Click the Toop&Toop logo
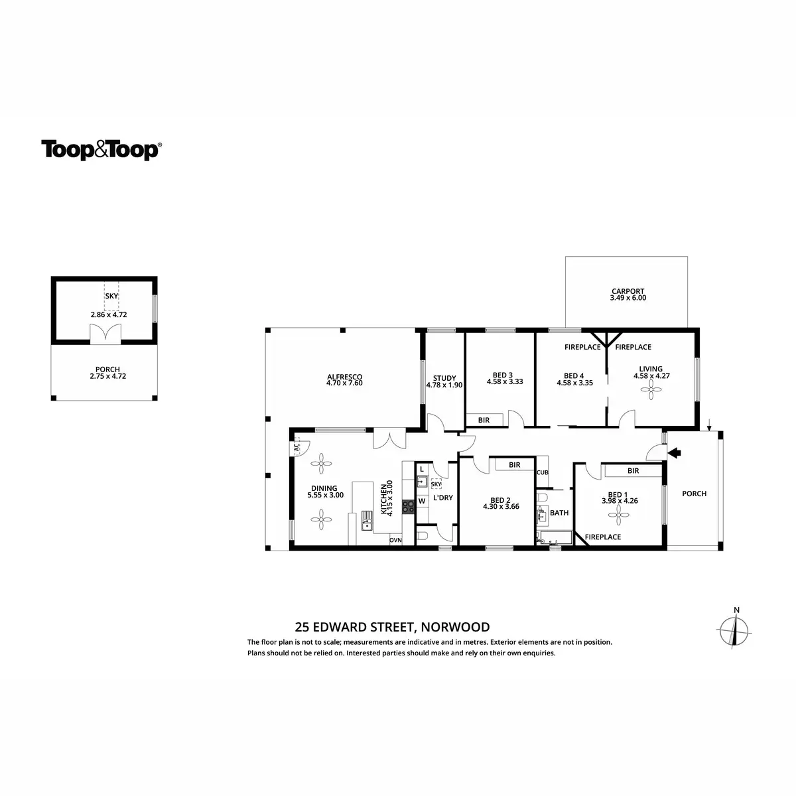click(x=101, y=150)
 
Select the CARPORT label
click(x=628, y=291)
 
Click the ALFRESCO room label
click(x=344, y=377)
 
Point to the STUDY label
click(x=444, y=378)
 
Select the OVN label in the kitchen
click(x=395, y=540)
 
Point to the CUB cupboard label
click(x=543, y=473)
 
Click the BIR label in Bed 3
click(x=483, y=420)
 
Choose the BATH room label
click(x=559, y=513)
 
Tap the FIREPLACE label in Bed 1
click(x=602, y=537)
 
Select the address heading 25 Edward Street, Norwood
click(x=392, y=627)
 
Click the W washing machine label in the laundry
click(x=421, y=501)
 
